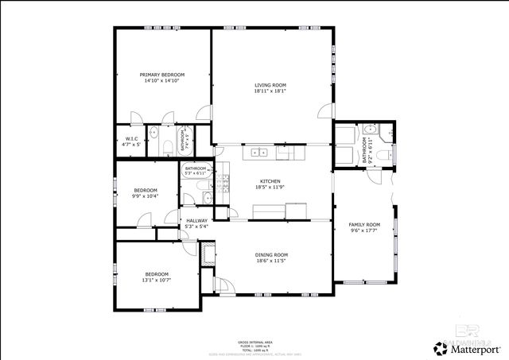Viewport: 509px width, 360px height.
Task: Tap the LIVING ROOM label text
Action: tap(270, 85)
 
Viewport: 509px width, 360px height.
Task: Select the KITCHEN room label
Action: tap(270, 182)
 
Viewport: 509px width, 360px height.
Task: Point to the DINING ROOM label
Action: tap(271, 255)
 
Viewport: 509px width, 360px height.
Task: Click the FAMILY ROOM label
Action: tap(365, 225)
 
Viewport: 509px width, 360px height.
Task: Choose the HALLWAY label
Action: tap(196, 221)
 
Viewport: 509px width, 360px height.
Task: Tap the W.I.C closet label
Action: tap(132, 139)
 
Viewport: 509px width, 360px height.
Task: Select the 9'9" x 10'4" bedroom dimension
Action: tap(146, 195)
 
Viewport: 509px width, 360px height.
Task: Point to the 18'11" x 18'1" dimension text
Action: tap(270, 91)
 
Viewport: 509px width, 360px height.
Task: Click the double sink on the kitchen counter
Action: tap(260, 152)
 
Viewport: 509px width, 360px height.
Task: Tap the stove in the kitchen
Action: tap(224, 185)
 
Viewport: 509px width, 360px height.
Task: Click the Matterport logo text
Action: tap(475, 348)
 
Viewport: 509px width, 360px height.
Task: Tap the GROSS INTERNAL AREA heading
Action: tap(254, 342)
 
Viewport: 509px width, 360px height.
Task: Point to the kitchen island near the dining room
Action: tap(270, 211)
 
